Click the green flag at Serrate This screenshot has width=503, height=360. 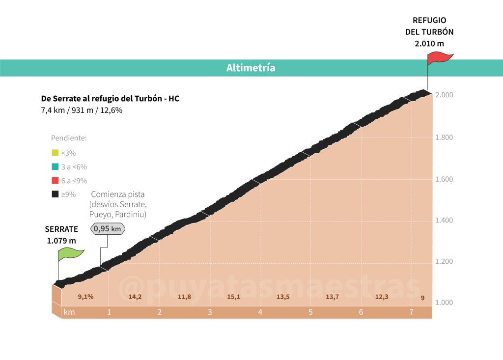[x=70, y=254]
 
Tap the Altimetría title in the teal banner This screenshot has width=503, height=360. [x=251, y=68]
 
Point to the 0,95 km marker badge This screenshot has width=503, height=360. [x=108, y=228]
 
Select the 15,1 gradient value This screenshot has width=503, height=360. [x=234, y=297]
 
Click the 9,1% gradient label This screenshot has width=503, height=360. [x=85, y=297]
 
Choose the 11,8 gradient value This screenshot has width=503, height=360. [x=184, y=297]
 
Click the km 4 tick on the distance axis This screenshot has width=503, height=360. [x=260, y=312]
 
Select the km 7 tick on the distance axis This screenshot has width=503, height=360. [x=411, y=312]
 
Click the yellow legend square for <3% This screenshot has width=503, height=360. [x=55, y=153]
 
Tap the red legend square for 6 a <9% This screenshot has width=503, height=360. [x=55, y=180]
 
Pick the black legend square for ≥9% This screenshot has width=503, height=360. [x=55, y=194]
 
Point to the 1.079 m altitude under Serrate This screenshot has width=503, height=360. [x=61, y=241]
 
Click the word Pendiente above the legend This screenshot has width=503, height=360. [x=69, y=138]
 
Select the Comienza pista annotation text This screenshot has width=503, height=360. [x=118, y=194]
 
